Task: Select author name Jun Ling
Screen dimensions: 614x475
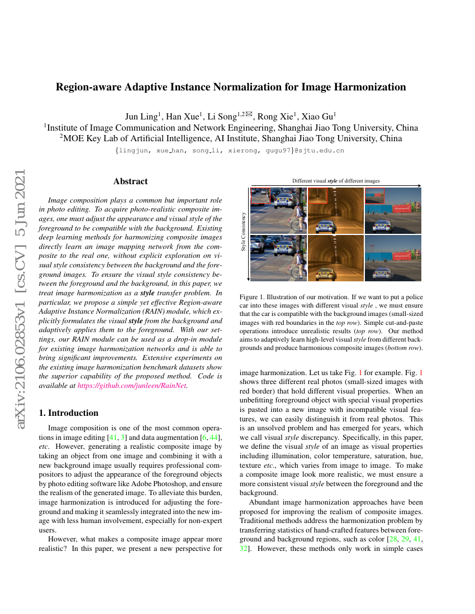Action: pyautogui.click(x=142, y=116)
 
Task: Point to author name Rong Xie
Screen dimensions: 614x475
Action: pyautogui.click(x=278, y=116)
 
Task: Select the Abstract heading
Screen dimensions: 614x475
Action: pyautogui.click(x=130, y=181)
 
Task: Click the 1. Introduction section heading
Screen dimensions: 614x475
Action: pyautogui.click(x=67, y=413)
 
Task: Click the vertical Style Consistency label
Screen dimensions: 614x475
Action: pyautogui.click(x=243, y=231)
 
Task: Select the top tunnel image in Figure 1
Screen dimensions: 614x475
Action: pyautogui.click(x=335, y=210)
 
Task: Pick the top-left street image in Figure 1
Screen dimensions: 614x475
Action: pyautogui.click(x=278, y=210)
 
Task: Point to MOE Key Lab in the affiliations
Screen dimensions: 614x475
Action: pyautogui.click(x=91, y=138)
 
